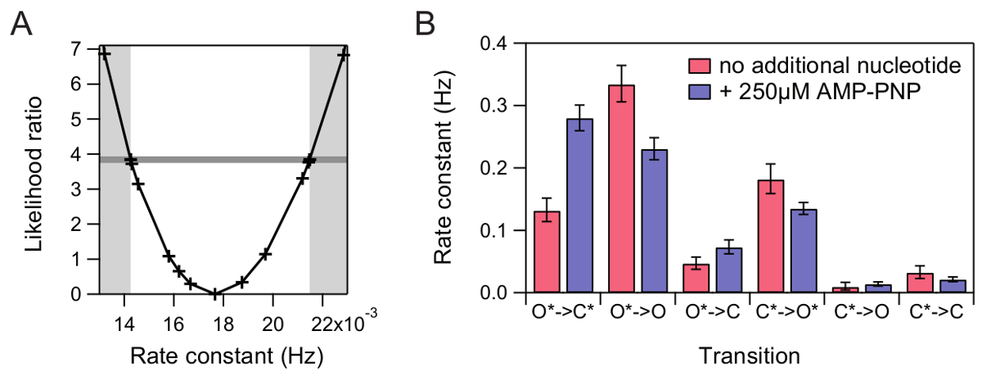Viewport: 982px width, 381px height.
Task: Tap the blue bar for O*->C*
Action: pos(580,206)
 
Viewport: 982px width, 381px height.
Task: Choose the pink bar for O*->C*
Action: pos(547,252)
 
